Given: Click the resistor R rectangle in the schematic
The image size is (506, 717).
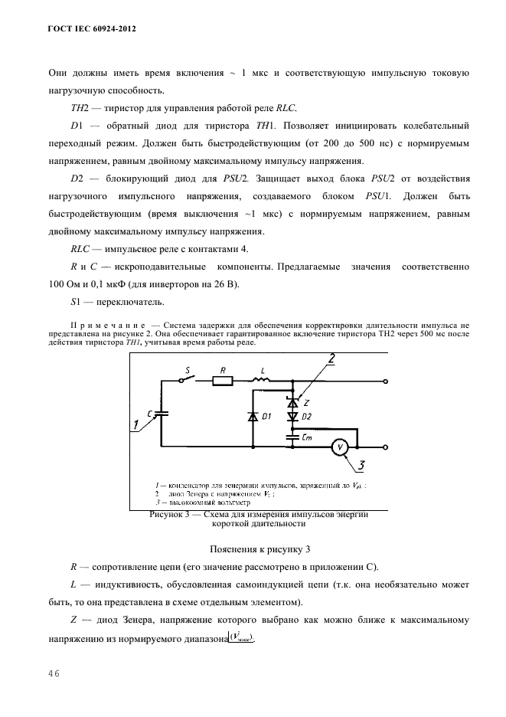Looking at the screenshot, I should pyautogui.click(x=222, y=381).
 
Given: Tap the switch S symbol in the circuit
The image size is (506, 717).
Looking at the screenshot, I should pyautogui.click(x=188, y=378).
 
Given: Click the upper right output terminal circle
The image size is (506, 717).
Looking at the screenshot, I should pyautogui.click(x=385, y=381).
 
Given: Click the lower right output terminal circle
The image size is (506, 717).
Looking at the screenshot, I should pyautogui.click(x=385, y=447).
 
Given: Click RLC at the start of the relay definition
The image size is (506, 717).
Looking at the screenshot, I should pyautogui.click(x=80, y=249).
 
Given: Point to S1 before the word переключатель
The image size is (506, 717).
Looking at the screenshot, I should pyautogui.click(x=76, y=303).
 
